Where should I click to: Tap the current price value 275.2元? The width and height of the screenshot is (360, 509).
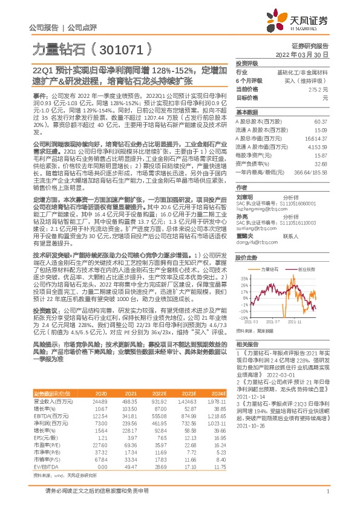[x=318, y=89]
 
